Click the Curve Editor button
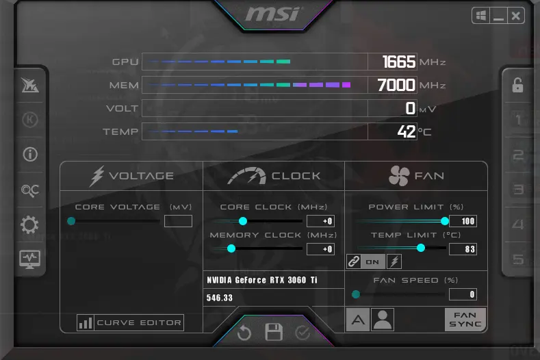[x=130, y=323]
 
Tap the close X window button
[x=515, y=16]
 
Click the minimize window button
[x=498, y=16]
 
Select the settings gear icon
[x=29, y=225]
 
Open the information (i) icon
[x=30, y=154]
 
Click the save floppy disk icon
[x=274, y=332]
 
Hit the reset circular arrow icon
[x=244, y=333]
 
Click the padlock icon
[x=517, y=85]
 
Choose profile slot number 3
[x=518, y=189]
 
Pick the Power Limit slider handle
[x=445, y=221]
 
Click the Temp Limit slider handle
[x=420, y=248]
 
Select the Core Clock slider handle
[x=243, y=221]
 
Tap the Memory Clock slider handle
[x=231, y=248]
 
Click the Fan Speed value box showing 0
[x=463, y=294]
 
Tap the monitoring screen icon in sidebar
[x=29, y=259]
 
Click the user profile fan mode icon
[x=383, y=320]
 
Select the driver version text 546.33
[x=220, y=298]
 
